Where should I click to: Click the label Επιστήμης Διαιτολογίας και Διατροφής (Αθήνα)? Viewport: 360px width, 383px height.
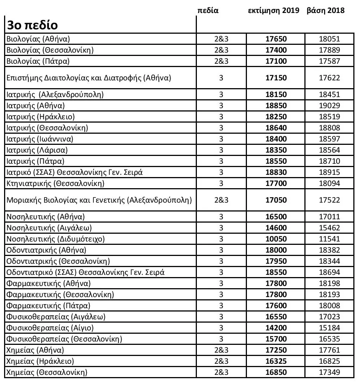(x=89, y=78)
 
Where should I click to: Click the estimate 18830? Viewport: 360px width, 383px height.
(x=276, y=173)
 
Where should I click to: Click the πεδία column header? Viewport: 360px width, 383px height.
(x=209, y=11)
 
